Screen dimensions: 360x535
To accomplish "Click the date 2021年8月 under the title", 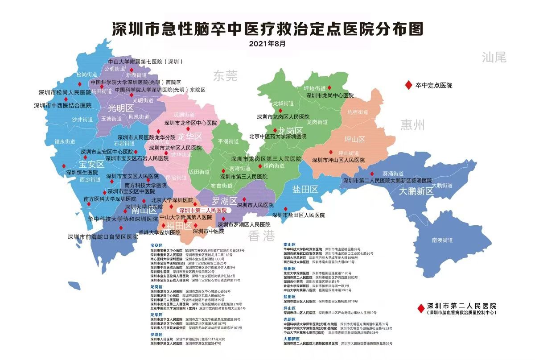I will coord(267,44).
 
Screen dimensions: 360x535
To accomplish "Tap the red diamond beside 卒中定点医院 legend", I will coord(407,85).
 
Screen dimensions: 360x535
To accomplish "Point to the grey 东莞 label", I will coord(225,76).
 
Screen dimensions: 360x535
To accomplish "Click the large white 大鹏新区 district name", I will coord(416,191).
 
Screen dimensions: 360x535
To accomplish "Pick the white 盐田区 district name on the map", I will coord(305,190).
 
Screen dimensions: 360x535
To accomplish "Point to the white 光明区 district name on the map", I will coord(121,108).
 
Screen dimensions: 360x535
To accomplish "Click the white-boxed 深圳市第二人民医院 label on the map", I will coord(202,210).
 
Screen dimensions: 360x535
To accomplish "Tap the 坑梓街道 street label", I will coord(358,112).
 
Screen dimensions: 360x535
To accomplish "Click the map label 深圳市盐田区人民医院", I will coord(299,215).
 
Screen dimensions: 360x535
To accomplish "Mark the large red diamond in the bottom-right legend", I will coord(420,308).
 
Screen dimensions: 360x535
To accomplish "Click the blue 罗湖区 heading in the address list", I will coord(156,334).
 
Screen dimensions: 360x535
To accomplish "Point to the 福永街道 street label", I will coord(65,141).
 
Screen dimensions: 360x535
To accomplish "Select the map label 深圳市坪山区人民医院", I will coord(338,160).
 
